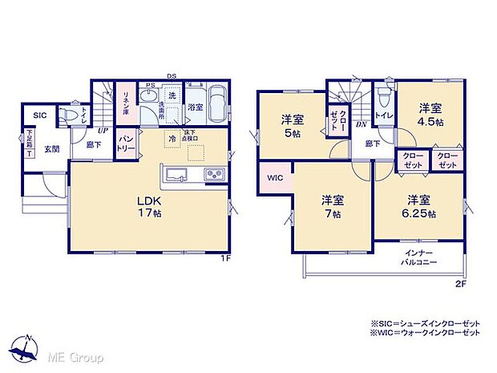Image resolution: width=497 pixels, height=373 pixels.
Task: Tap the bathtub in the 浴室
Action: click(x=217, y=106)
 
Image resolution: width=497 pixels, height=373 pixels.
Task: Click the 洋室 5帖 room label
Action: click(x=291, y=128)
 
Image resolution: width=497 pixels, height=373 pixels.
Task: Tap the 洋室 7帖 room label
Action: click(x=333, y=206)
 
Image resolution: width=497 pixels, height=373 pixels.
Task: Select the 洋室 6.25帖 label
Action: click(x=419, y=207)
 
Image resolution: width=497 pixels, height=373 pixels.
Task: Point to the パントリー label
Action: click(x=126, y=147)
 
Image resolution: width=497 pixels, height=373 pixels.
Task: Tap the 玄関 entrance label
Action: click(x=51, y=148)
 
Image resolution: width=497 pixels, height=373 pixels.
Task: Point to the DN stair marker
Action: click(x=362, y=124)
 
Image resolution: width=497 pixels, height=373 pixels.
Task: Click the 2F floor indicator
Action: click(x=460, y=282)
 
